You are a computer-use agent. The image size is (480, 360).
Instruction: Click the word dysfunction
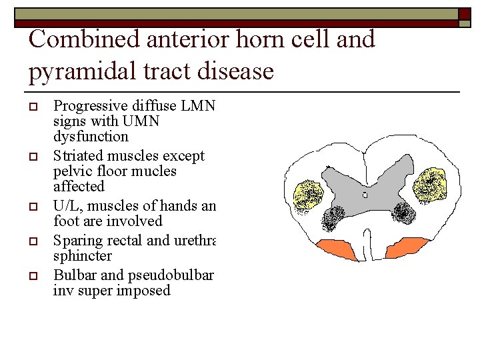[x=91, y=137]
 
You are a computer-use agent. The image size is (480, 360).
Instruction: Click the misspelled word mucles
[x=155, y=171]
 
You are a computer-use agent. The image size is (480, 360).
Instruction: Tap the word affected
[x=79, y=187]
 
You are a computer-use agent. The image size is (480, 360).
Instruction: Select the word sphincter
[x=83, y=256]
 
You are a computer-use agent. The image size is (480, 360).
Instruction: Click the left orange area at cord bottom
[x=335, y=249]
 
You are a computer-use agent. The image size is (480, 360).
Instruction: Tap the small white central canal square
[x=365, y=195]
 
